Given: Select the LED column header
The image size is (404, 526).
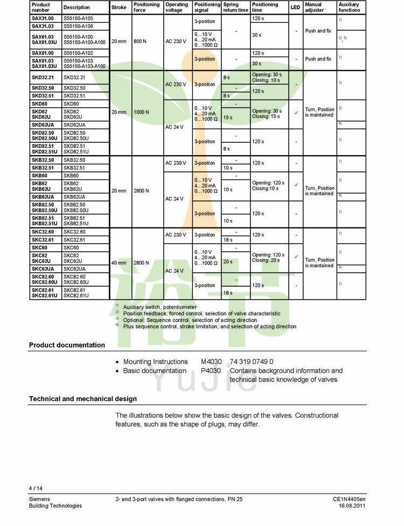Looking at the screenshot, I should coord(295,8).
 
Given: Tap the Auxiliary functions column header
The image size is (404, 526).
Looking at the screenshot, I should coord(349,8).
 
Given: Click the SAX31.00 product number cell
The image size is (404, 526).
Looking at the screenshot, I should coord(43,18).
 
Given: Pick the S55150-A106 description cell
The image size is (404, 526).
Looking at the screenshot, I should coord(78,26).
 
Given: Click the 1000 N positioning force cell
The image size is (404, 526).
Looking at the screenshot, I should coord(141,112).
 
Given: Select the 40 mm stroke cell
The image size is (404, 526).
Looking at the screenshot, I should coord(119,263).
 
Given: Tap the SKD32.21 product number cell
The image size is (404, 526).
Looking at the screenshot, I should coord(43,78).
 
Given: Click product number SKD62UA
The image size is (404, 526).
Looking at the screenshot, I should coord(43,124).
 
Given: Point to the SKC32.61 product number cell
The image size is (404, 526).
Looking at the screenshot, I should coord(43,240).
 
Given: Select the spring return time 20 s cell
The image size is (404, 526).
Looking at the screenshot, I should coord(228,261).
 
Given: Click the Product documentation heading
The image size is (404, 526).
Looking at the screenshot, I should coord(67,345).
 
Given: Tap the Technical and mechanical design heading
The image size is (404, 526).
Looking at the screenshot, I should coord(82,399).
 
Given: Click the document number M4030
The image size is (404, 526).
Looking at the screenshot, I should coord(211,362).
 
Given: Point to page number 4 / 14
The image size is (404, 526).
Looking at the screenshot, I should coord(36,489).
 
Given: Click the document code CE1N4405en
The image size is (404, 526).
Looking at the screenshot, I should coord(349,499).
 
